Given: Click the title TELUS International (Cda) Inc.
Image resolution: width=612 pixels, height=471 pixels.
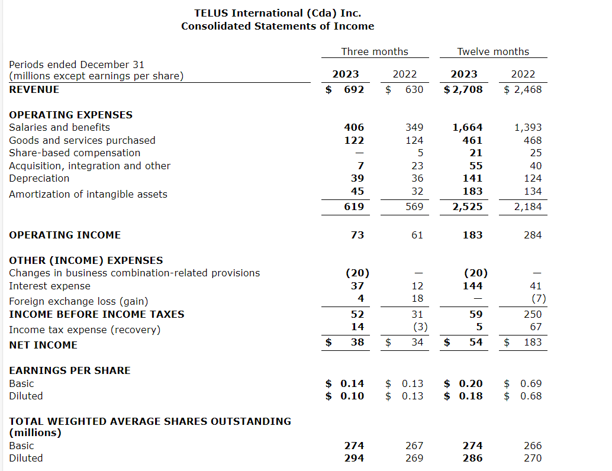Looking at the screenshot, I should pyautogui.click(x=278, y=13).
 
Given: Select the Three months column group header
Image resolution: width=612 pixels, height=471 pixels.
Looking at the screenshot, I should pyautogui.click(x=375, y=51).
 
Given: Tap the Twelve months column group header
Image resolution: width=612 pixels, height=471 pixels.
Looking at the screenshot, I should pyautogui.click(x=493, y=51).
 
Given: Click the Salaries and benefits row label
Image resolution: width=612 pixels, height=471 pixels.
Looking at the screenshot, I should pyautogui.click(x=59, y=127).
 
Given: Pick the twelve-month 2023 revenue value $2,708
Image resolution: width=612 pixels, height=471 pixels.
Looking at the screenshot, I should pyautogui.click(x=463, y=89).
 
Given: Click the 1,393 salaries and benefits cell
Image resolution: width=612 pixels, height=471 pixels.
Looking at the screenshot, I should pyautogui.click(x=528, y=127).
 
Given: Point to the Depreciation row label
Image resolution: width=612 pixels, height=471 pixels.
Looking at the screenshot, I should pyautogui.click(x=39, y=178).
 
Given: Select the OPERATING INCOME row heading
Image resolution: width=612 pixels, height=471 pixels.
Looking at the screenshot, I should pyautogui.click(x=65, y=235).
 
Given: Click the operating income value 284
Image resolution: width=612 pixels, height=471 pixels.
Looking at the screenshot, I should pyautogui.click(x=532, y=235).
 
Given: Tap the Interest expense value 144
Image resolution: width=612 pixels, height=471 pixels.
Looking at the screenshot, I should pyautogui.click(x=472, y=286).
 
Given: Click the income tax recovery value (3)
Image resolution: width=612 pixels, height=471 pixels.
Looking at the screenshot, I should pyautogui.click(x=417, y=327).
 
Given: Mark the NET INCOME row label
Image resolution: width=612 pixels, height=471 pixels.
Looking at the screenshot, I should pyautogui.click(x=43, y=345).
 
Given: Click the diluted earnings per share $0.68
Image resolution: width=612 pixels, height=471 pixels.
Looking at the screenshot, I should pyautogui.click(x=523, y=396).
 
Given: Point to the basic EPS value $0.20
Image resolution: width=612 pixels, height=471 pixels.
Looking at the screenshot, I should pyautogui.click(x=464, y=383).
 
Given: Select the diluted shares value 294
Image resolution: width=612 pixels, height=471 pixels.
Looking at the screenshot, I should pyautogui.click(x=354, y=458).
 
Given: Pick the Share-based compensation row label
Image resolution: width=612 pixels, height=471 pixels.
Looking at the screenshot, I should pyautogui.click(x=75, y=153).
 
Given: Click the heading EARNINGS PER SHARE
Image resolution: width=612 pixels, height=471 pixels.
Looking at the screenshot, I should pyautogui.click(x=70, y=370).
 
